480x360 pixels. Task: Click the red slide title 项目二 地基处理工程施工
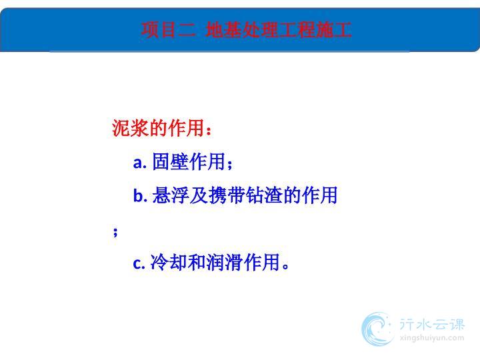click(246, 30)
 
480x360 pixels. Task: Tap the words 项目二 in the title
click(168, 30)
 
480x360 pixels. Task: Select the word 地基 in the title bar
click(223, 30)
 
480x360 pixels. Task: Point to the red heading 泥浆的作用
click(158, 128)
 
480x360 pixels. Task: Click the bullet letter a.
click(140, 163)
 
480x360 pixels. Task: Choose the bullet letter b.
click(140, 195)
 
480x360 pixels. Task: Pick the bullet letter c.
click(139, 263)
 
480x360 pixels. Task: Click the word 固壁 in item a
click(170, 161)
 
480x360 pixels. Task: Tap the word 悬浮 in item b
click(170, 195)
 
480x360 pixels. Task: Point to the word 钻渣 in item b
click(265, 195)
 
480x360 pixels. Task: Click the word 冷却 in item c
click(169, 262)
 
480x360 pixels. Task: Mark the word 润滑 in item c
click(225, 262)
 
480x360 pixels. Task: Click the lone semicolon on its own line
click(115, 232)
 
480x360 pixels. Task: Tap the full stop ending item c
click(285, 266)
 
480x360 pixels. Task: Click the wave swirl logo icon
click(377, 329)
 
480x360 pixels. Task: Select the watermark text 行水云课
click(432, 324)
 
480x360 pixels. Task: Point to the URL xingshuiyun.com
click(431, 338)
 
